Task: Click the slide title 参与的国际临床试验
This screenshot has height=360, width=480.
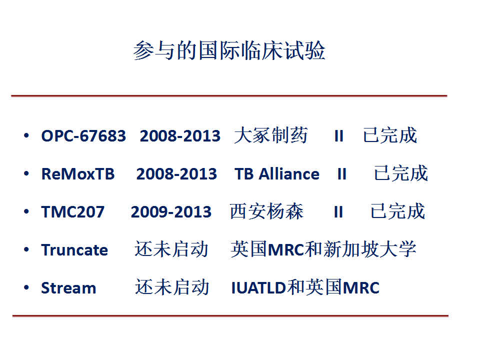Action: (229, 50)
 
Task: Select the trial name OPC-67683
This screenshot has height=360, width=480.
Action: (83, 136)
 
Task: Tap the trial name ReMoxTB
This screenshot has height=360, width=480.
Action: (78, 174)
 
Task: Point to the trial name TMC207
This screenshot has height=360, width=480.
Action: (73, 212)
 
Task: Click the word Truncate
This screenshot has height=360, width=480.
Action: (74, 250)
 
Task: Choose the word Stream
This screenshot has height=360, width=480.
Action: (68, 288)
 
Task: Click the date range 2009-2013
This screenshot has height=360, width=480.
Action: (171, 212)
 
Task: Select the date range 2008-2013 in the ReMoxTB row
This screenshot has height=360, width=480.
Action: (176, 174)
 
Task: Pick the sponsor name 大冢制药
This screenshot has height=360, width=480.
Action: (271, 135)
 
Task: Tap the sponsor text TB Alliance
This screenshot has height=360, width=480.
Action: (277, 174)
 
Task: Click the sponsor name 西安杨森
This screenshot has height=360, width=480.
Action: (266, 211)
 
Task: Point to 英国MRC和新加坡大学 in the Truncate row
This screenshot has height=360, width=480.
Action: (323, 249)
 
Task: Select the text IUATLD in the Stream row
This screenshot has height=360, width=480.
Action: (258, 288)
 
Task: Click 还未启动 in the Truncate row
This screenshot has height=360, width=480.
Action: (171, 249)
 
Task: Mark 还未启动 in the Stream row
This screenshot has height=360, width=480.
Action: (172, 287)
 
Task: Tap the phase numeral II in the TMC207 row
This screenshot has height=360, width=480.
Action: (338, 212)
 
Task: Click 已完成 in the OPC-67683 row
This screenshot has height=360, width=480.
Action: (390, 135)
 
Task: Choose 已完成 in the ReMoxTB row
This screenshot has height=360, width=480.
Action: (401, 173)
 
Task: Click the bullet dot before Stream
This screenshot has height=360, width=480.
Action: (26, 287)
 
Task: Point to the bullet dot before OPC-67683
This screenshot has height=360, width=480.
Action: (26, 135)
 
